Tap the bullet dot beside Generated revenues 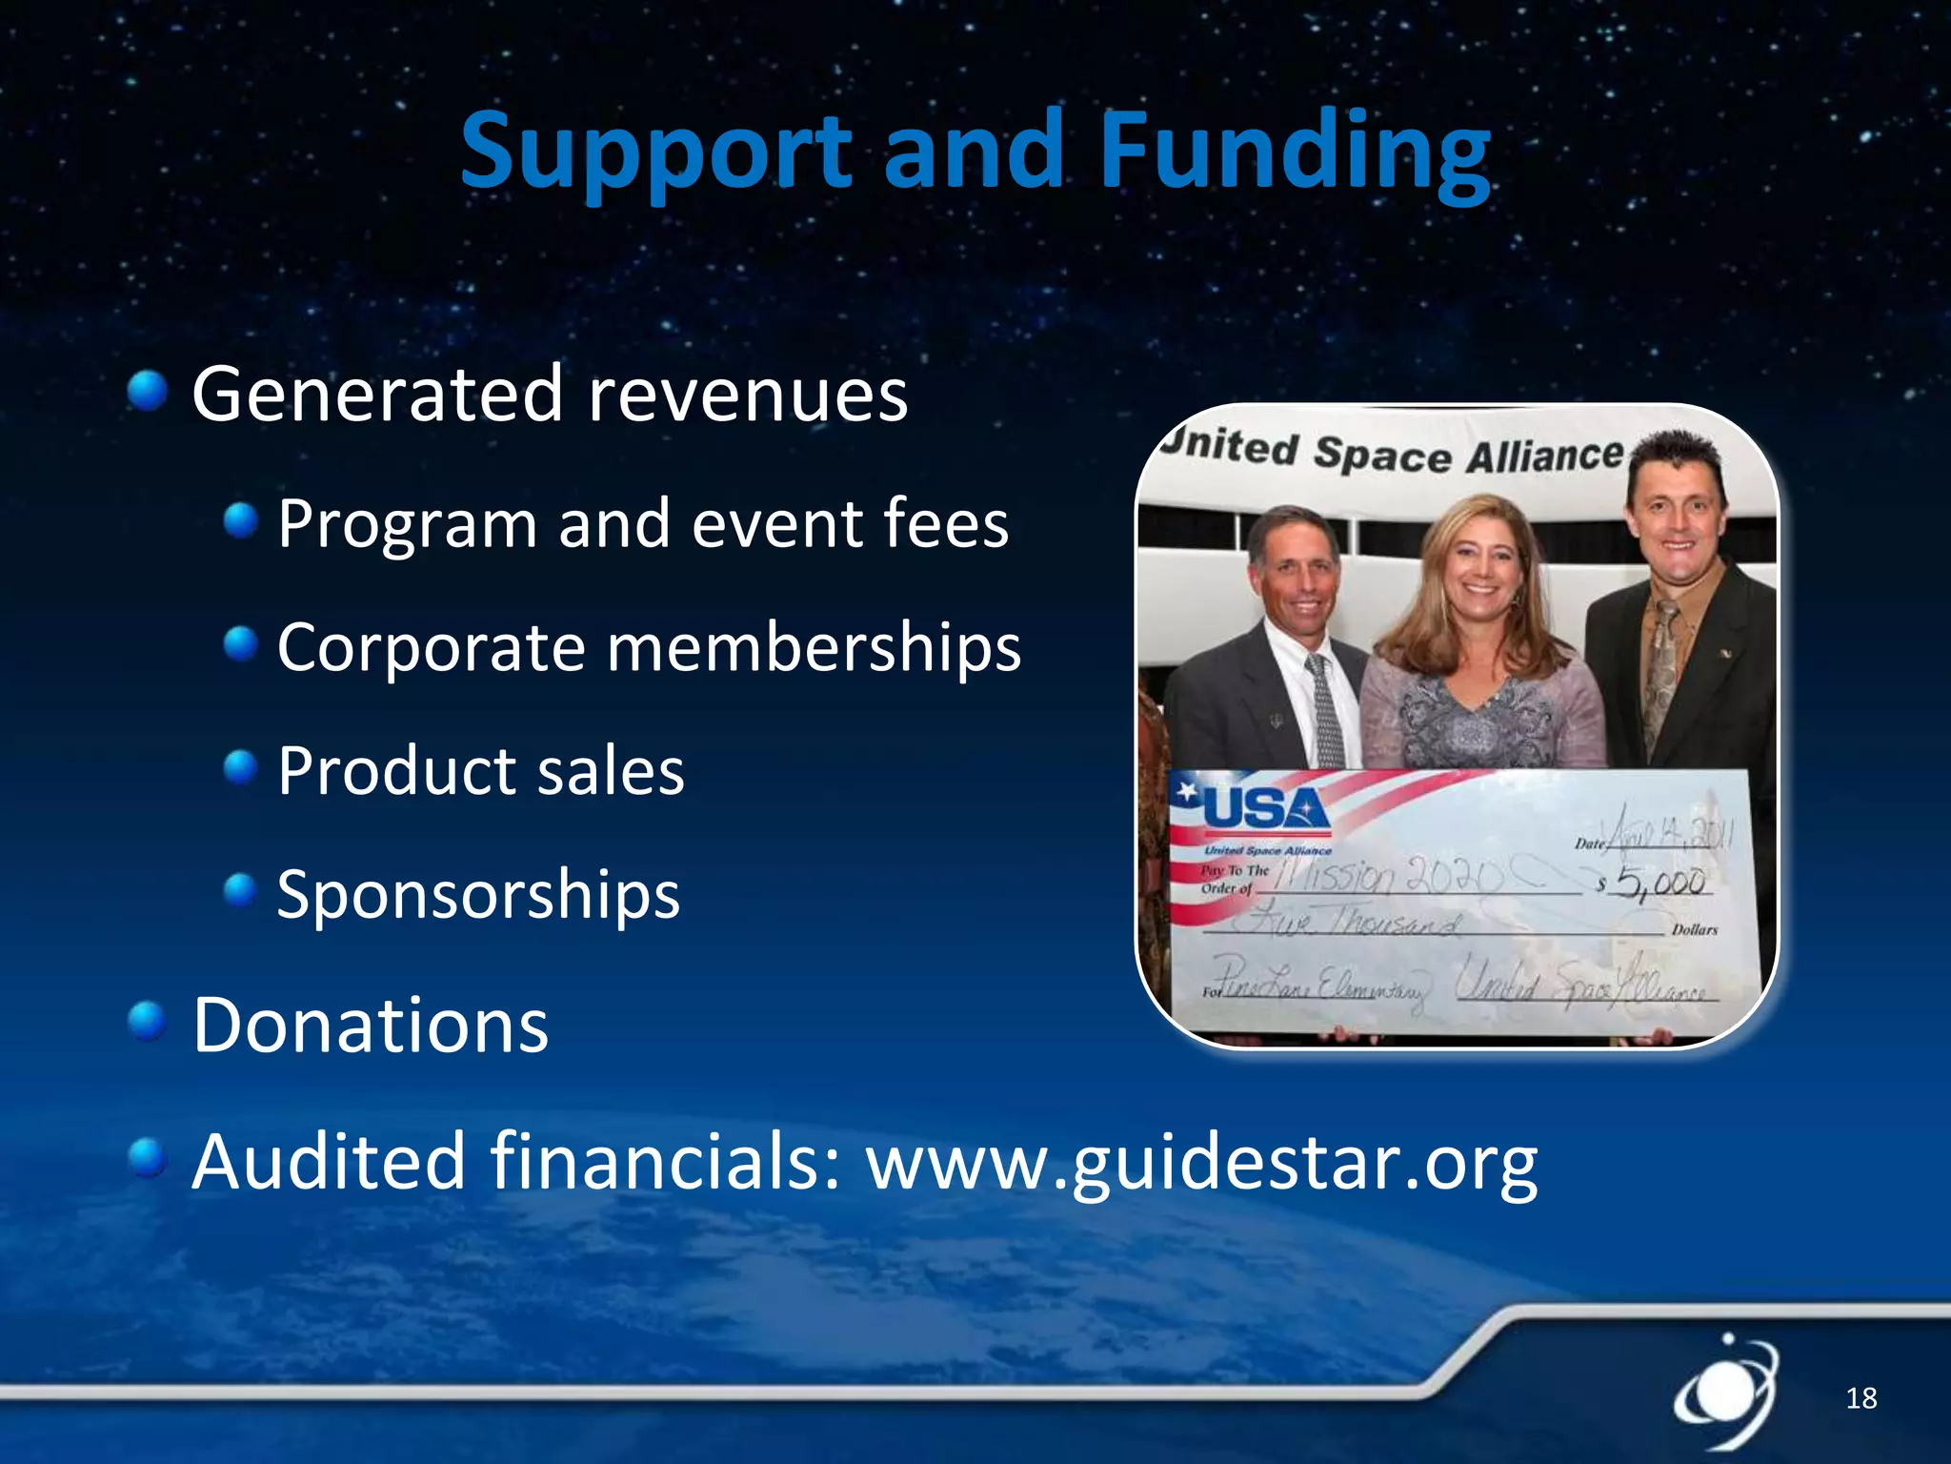click(148, 392)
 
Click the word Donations click(371, 1026)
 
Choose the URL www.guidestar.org click(1200, 1163)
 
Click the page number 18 click(1860, 1398)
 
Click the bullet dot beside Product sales click(241, 766)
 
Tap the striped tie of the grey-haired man click(1325, 710)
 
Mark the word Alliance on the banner click(1543, 456)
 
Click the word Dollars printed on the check click(1695, 929)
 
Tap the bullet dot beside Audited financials click(148, 1158)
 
